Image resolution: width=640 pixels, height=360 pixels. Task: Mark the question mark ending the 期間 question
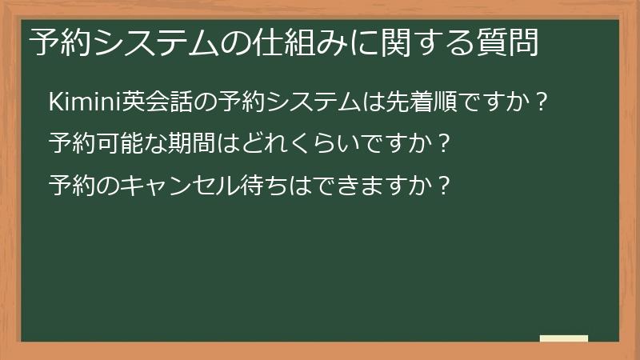click(x=446, y=145)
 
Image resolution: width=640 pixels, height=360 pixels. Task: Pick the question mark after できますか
click(x=446, y=186)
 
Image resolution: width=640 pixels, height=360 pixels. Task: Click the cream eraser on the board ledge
click(x=564, y=338)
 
